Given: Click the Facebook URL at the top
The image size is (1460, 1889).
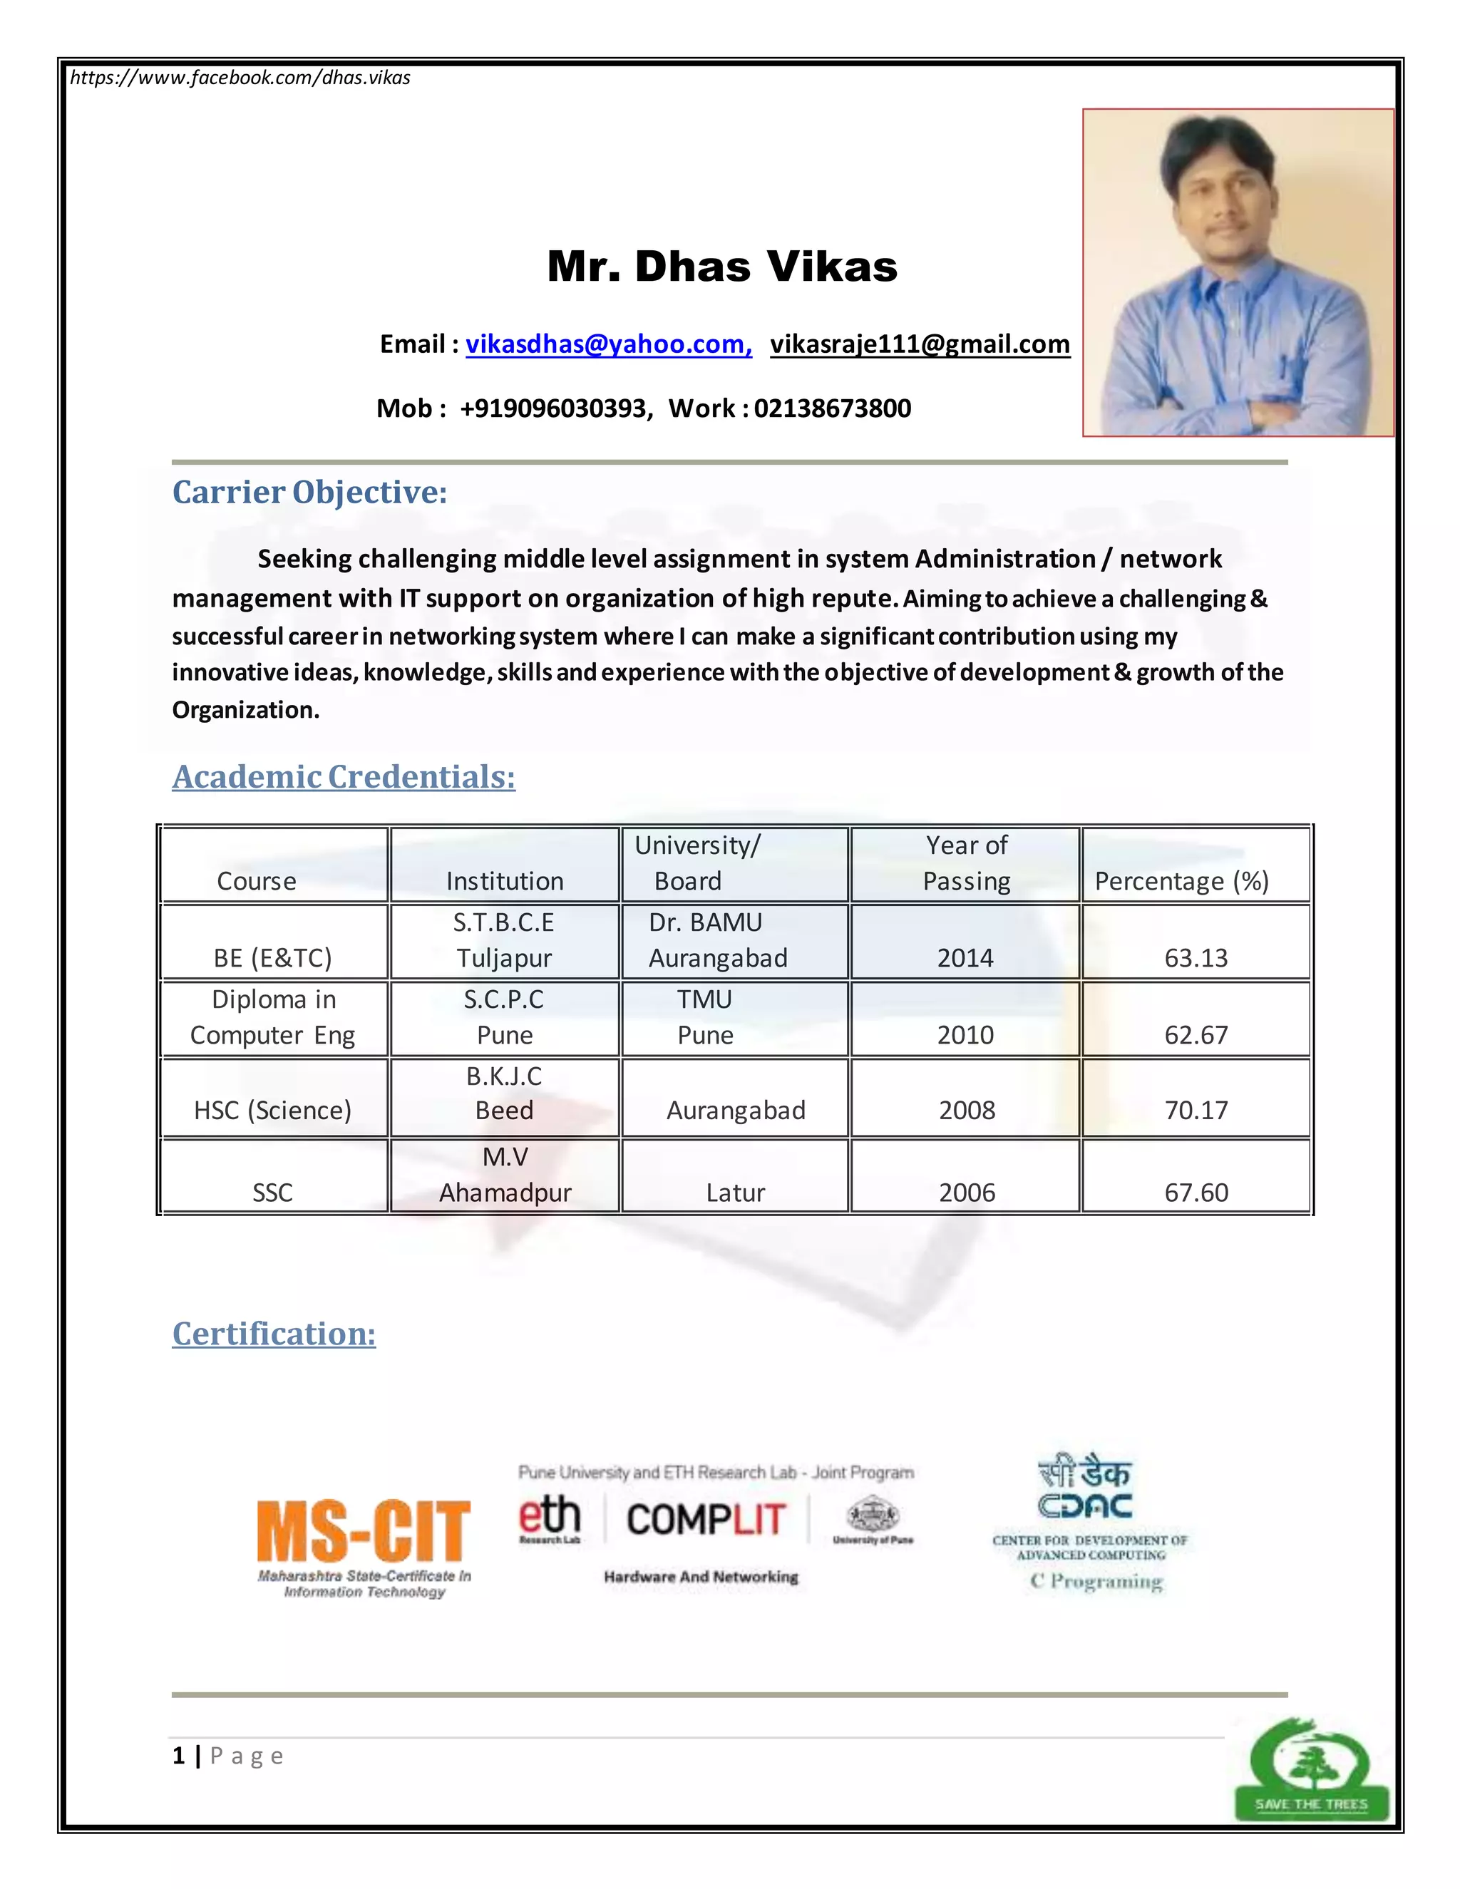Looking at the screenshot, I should pos(240,78).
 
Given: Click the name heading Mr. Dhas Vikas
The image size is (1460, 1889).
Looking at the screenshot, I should pos(722,267).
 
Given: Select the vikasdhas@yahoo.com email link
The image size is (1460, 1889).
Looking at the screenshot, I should pos(608,344).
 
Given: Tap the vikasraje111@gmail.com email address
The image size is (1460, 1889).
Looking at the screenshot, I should pos(920,344).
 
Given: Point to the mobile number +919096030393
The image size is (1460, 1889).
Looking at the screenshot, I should pos(553,408).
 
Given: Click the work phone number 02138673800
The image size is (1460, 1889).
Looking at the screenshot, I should pos(832,408).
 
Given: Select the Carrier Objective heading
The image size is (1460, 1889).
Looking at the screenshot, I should pos(309,492).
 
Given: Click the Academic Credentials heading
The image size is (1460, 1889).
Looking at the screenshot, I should pos(344,777).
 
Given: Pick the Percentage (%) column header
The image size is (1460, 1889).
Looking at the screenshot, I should pos(1181,880).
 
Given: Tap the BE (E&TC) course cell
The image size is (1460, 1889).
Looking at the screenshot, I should pos(272,957).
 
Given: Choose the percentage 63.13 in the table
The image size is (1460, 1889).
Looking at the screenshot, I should pos(1196,957).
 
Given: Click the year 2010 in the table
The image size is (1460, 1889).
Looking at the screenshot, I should pos(965,1034).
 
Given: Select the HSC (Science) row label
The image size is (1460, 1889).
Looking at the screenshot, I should pos(272,1110).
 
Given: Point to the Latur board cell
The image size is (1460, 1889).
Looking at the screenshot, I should pos(735,1193).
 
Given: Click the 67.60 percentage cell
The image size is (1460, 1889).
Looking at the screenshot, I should pos(1196,1193).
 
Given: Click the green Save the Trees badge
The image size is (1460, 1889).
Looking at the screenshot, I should pos(1310,1769).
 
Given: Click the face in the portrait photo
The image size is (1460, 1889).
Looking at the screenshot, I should pos(1226,199).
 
